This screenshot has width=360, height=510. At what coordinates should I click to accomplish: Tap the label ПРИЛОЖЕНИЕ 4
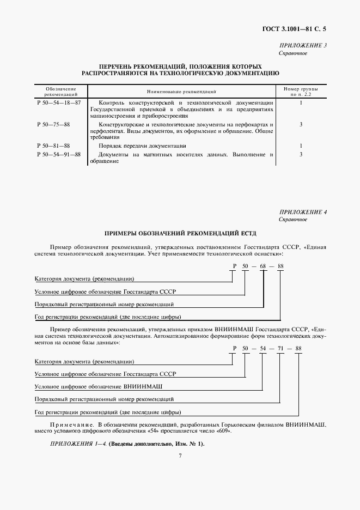pyautogui.click(x=303, y=211)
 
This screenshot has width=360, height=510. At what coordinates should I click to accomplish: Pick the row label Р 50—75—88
pyautogui.click(x=53, y=125)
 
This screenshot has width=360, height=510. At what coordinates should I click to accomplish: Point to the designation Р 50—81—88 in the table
pyautogui.click(x=53, y=146)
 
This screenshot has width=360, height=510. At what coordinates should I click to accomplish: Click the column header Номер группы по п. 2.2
pyautogui.click(x=301, y=91)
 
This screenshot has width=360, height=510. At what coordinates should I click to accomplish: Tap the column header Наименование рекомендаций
pyautogui.click(x=181, y=92)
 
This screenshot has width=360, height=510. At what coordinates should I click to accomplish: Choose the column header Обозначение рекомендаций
pyautogui.click(x=60, y=91)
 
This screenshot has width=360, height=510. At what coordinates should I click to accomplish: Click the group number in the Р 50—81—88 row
pyautogui.click(x=301, y=146)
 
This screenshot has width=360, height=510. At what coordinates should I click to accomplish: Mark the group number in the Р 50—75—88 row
pyautogui.click(x=301, y=125)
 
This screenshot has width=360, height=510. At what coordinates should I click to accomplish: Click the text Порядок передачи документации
pyautogui.click(x=143, y=146)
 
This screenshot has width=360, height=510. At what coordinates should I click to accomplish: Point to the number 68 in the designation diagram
pyautogui.click(x=264, y=266)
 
